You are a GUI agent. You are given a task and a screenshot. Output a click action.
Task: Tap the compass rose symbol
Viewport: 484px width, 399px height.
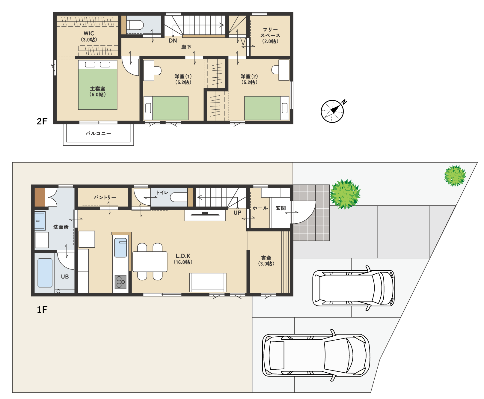tap(333, 111)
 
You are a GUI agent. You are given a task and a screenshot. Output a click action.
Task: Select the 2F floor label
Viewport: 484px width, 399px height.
tap(42, 121)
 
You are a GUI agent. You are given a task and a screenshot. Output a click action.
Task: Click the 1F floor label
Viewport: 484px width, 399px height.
tap(42, 309)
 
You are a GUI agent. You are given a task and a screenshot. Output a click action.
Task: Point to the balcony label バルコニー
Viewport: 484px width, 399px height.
tap(98, 133)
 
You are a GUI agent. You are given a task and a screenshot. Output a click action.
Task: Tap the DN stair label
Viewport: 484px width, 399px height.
tap(173, 41)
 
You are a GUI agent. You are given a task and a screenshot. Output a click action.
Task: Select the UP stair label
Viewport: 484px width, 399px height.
tap(237, 213)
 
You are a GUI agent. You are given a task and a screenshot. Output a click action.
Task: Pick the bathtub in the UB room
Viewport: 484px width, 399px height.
tap(45, 273)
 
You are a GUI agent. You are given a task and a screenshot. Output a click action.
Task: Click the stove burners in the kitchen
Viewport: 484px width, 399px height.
tap(120, 282)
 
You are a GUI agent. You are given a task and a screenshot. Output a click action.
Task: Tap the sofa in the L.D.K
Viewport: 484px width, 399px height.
tap(208, 282)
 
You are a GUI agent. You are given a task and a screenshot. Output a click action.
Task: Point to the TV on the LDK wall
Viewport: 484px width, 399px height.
tap(205, 214)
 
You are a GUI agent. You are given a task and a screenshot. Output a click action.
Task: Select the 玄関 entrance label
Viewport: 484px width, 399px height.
tap(281, 208)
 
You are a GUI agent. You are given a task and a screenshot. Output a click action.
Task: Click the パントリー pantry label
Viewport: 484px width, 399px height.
tap(105, 197)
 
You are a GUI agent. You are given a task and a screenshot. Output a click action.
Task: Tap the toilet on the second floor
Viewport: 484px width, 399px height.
tap(135, 25)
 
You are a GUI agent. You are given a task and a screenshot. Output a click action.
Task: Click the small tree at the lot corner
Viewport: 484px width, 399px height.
tap(455, 176)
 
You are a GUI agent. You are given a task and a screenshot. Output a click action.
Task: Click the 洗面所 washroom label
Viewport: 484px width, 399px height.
tap(61, 227)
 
